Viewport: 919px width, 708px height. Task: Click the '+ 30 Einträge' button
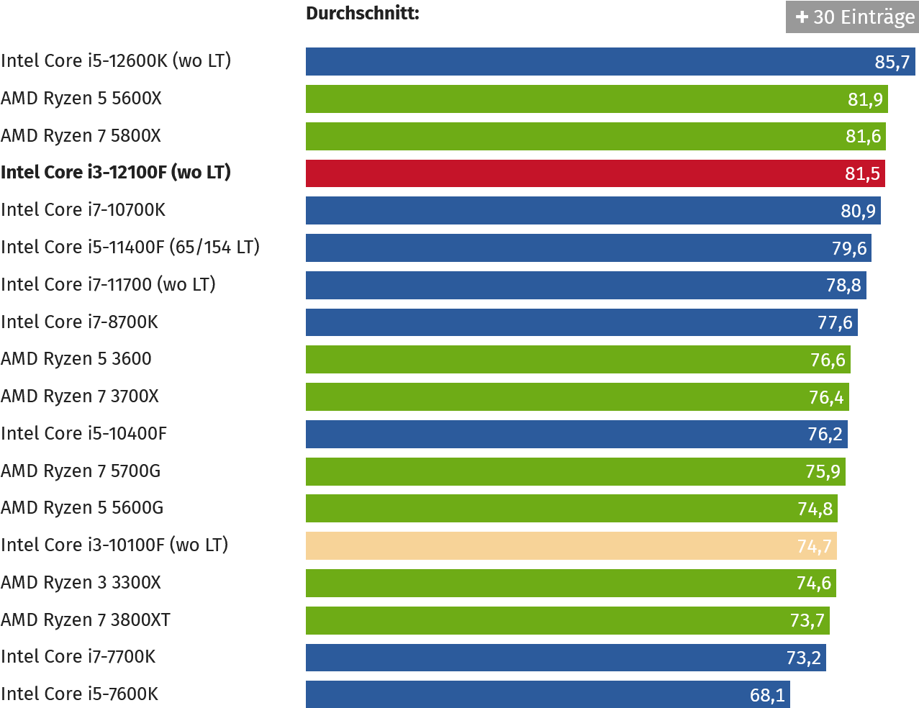pyautogui.click(x=852, y=17)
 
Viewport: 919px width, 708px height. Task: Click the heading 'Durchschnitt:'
pyautogui.click(x=362, y=13)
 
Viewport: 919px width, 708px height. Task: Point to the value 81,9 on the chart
pyautogui.click(x=865, y=99)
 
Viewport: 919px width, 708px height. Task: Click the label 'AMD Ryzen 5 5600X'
pyautogui.click(x=81, y=99)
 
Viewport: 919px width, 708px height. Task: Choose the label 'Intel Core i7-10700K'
pyautogui.click(x=83, y=210)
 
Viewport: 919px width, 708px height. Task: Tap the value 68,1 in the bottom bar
pyautogui.click(x=767, y=695)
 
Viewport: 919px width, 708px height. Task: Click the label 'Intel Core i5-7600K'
pyautogui.click(x=79, y=694)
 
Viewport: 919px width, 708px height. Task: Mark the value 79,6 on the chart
pyautogui.click(x=849, y=248)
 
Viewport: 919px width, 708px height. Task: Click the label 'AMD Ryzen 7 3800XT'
pyautogui.click(x=85, y=619)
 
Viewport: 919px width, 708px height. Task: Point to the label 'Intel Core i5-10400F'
pyautogui.click(x=83, y=434)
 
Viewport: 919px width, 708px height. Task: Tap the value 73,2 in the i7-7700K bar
pyautogui.click(x=803, y=658)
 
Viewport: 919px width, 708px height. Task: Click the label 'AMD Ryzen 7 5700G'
pyautogui.click(x=81, y=471)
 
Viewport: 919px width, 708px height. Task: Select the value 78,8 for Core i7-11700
pyautogui.click(x=843, y=286)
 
